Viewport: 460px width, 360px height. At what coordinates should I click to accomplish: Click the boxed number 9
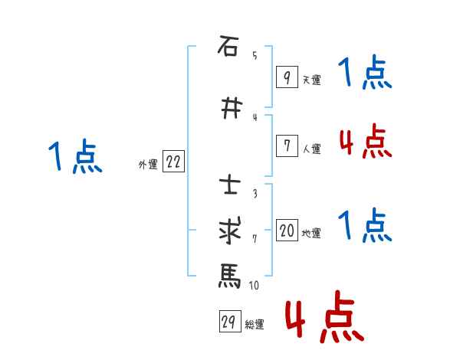[286, 77]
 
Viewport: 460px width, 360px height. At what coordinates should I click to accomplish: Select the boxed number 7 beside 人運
[286, 146]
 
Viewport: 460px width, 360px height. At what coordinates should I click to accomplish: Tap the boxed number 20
[287, 231]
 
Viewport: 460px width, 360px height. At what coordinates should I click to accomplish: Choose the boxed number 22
[173, 162]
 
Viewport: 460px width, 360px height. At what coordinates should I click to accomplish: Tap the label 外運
[147, 164]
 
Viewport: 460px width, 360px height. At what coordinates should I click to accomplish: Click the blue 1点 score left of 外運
[75, 157]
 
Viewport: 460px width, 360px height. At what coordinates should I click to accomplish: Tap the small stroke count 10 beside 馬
[254, 286]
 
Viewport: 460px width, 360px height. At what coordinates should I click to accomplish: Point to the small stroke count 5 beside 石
[254, 55]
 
